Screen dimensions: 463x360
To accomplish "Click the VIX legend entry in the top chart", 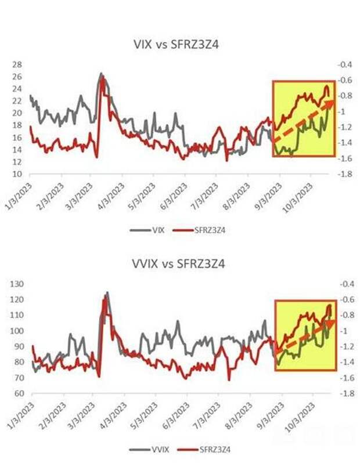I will [x=150, y=229].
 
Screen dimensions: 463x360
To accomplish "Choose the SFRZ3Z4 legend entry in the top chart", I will [x=200, y=229].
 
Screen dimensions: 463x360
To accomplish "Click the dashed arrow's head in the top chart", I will [x=329, y=103].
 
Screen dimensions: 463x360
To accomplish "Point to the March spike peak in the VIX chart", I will [x=101, y=74].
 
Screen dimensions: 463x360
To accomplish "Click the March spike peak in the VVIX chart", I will [x=107, y=292].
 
